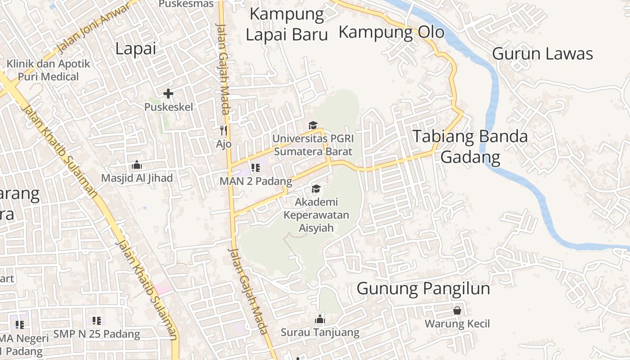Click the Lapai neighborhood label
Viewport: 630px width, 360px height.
pyautogui.click(x=135, y=48)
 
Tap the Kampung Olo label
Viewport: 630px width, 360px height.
pyautogui.click(x=391, y=32)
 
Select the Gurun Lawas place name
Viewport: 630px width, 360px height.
pyautogui.click(x=542, y=54)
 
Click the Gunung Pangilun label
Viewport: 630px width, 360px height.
pyautogui.click(x=423, y=288)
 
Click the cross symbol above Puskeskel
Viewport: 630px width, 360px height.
pyautogui.click(x=168, y=94)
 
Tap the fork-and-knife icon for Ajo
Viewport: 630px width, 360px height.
pyautogui.click(x=224, y=130)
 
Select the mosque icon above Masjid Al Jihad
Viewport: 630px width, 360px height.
pyautogui.click(x=137, y=165)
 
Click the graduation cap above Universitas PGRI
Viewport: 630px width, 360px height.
pyautogui.click(x=313, y=126)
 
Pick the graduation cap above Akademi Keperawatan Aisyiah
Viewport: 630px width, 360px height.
pyautogui.click(x=316, y=189)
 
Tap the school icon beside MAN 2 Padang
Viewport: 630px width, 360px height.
pyautogui.click(x=256, y=168)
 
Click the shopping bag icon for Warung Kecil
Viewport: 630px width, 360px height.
pyautogui.click(x=457, y=310)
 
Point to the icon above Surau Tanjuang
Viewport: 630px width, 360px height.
pyautogui.click(x=320, y=319)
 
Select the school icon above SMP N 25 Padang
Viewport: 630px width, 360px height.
pyautogui.click(x=97, y=321)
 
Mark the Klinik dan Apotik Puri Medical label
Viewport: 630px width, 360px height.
pyautogui.click(x=48, y=70)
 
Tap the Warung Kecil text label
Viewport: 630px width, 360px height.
pyautogui.click(x=457, y=324)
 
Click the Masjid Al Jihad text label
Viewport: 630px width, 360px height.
pyautogui.click(x=137, y=178)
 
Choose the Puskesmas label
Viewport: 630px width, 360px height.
pyautogui.click(x=186, y=4)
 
